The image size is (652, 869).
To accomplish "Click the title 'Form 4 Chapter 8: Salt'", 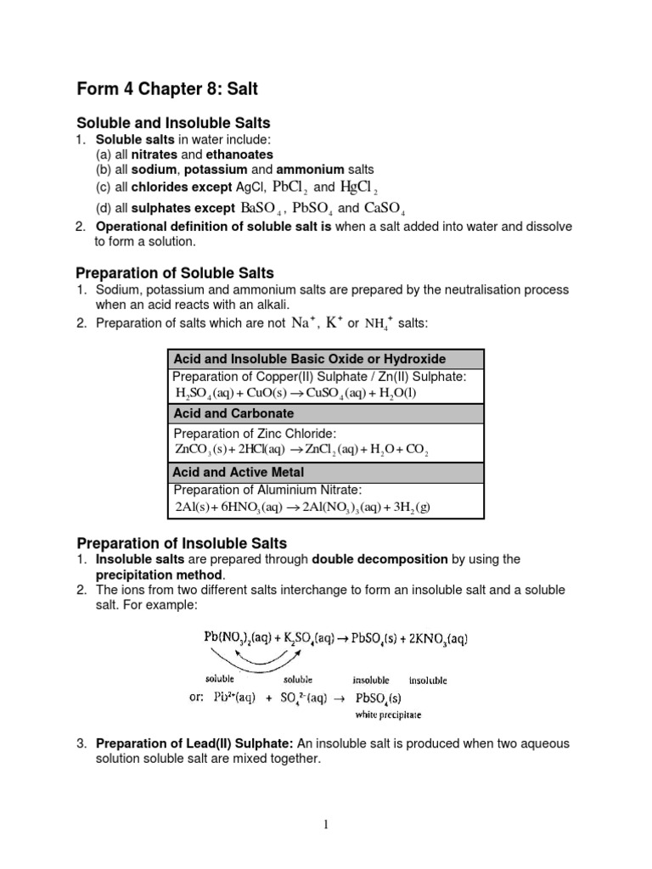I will pyautogui.click(x=169, y=89).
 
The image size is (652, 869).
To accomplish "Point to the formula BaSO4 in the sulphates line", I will pyautogui.click(x=261, y=208).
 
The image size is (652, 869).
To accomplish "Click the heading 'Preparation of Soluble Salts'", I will pyautogui.click(x=175, y=273).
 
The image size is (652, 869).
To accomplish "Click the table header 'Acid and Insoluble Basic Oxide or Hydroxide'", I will pyautogui.click(x=309, y=359).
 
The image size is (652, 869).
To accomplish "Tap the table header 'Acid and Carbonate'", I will pyautogui.click(x=233, y=413).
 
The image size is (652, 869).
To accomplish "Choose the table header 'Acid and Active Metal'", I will pyautogui.click(x=239, y=472).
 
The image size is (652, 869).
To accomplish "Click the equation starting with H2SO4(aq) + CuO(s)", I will pyautogui.click(x=295, y=393).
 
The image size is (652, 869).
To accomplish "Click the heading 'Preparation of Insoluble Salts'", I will pyautogui.click(x=182, y=543).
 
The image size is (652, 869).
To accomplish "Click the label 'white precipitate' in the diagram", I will pyautogui.click(x=387, y=715).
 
